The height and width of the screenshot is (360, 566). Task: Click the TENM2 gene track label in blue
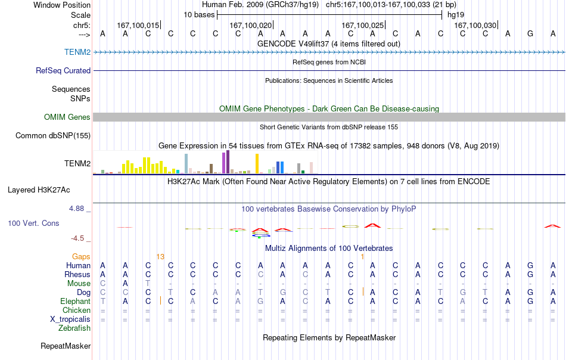pos(77,52)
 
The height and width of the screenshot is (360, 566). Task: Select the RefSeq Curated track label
pos(63,70)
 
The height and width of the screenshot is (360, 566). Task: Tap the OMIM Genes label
pos(67,117)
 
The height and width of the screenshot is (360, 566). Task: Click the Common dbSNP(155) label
pos(53,135)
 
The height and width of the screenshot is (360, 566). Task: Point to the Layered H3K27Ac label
pos(39,190)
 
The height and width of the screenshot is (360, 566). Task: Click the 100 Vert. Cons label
pos(33,223)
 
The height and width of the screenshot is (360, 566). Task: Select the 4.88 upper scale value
pos(76,209)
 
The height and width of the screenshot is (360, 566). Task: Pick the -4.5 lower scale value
pos(77,238)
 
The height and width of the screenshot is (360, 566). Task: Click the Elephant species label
pos(76,301)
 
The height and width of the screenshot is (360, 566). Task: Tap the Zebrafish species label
pos(74,328)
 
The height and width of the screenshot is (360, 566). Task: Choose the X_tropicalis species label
pos(70,319)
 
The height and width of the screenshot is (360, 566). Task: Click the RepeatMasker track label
pos(66,346)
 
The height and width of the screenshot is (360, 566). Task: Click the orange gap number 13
pos(160,256)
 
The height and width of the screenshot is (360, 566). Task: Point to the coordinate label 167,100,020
pos(250,25)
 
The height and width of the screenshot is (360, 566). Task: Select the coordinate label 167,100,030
pos(475,25)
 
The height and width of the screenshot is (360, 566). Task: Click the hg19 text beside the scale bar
pos(456,15)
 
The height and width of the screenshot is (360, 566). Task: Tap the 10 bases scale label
pos(199,15)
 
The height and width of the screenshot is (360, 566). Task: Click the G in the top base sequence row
pos(530,33)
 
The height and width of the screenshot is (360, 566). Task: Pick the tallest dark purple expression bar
pos(228,162)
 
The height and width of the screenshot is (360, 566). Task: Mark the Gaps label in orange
pos(81,256)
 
